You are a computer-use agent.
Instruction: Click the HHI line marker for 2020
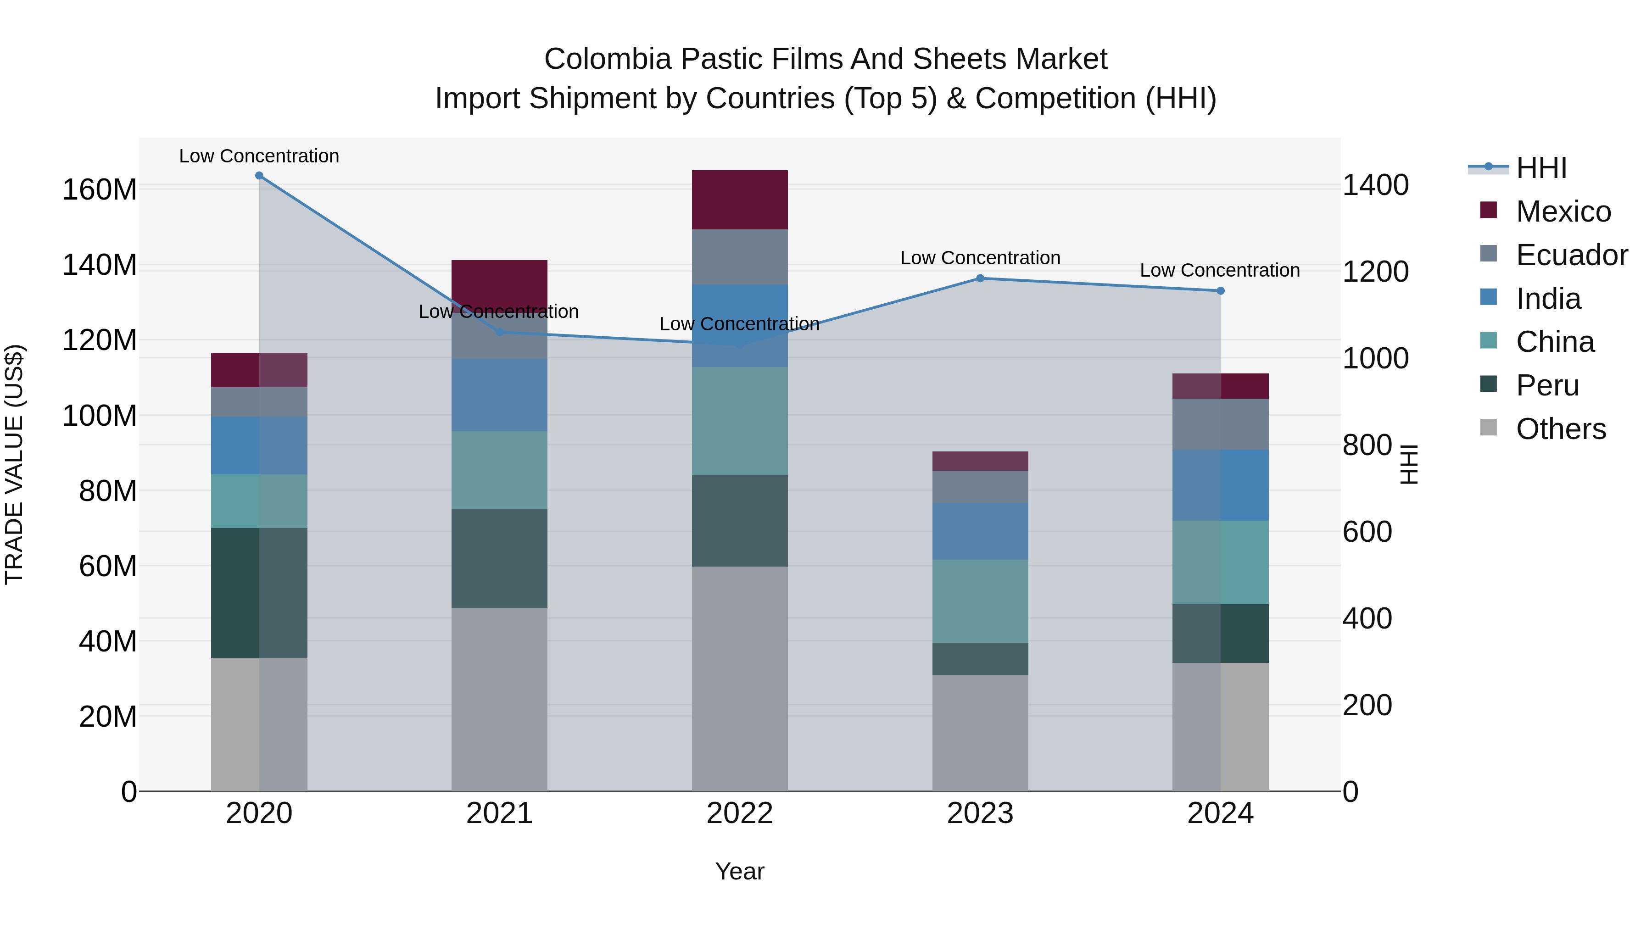coord(259,176)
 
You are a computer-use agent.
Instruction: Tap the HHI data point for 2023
coord(980,278)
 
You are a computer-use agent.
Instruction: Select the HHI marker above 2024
coord(1220,291)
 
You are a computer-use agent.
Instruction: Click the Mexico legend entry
coord(1563,211)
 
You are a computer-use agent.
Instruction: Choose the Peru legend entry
coord(1547,385)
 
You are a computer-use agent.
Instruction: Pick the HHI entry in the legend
coord(1541,168)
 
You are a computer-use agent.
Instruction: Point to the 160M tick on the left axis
coord(100,190)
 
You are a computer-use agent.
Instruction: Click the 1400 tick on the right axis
coord(1376,185)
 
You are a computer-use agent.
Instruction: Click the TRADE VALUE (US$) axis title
coord(14,464)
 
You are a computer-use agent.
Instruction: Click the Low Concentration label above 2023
coord(980,258)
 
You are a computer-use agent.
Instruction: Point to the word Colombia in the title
coord(607,59)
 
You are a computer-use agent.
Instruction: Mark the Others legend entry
coord(1560,429)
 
